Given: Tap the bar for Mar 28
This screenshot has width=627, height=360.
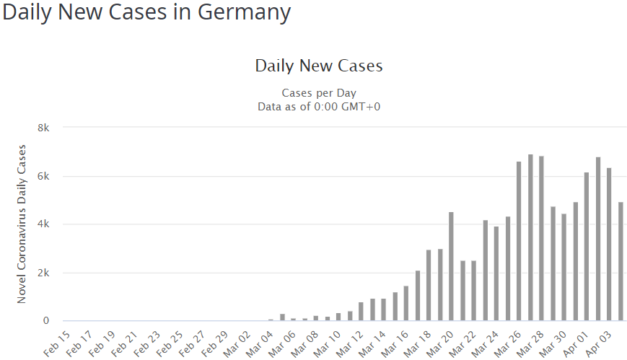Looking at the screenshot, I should [541, 238].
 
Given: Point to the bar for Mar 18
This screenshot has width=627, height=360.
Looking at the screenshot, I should [429, 285].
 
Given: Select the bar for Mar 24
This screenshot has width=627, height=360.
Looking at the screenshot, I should [496, 273].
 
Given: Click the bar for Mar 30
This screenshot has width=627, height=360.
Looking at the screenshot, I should [564, 267].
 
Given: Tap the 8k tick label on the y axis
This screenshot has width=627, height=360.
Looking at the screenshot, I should [43, 128].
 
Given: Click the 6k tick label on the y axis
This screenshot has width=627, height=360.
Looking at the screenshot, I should [43, 176].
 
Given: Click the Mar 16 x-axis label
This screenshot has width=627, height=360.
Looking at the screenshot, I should [395, 342].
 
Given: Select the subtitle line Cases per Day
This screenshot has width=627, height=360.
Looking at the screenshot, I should [318, 93].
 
